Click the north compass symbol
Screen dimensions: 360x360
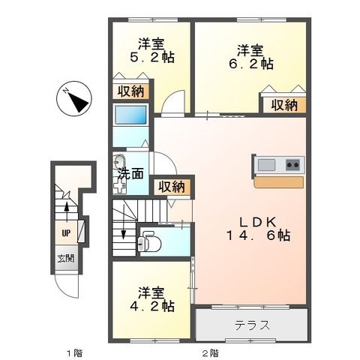click(74, 97)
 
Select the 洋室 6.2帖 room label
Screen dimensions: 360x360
click(250, 56)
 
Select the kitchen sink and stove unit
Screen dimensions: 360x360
click(279, 164)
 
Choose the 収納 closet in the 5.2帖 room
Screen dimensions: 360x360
click(130, 91)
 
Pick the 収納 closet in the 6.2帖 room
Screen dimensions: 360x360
click(284, 105)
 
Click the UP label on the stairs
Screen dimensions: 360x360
click(66, 232)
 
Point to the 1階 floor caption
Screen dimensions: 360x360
click(72, 351)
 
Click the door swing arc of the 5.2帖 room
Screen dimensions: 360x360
click(174, 103)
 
